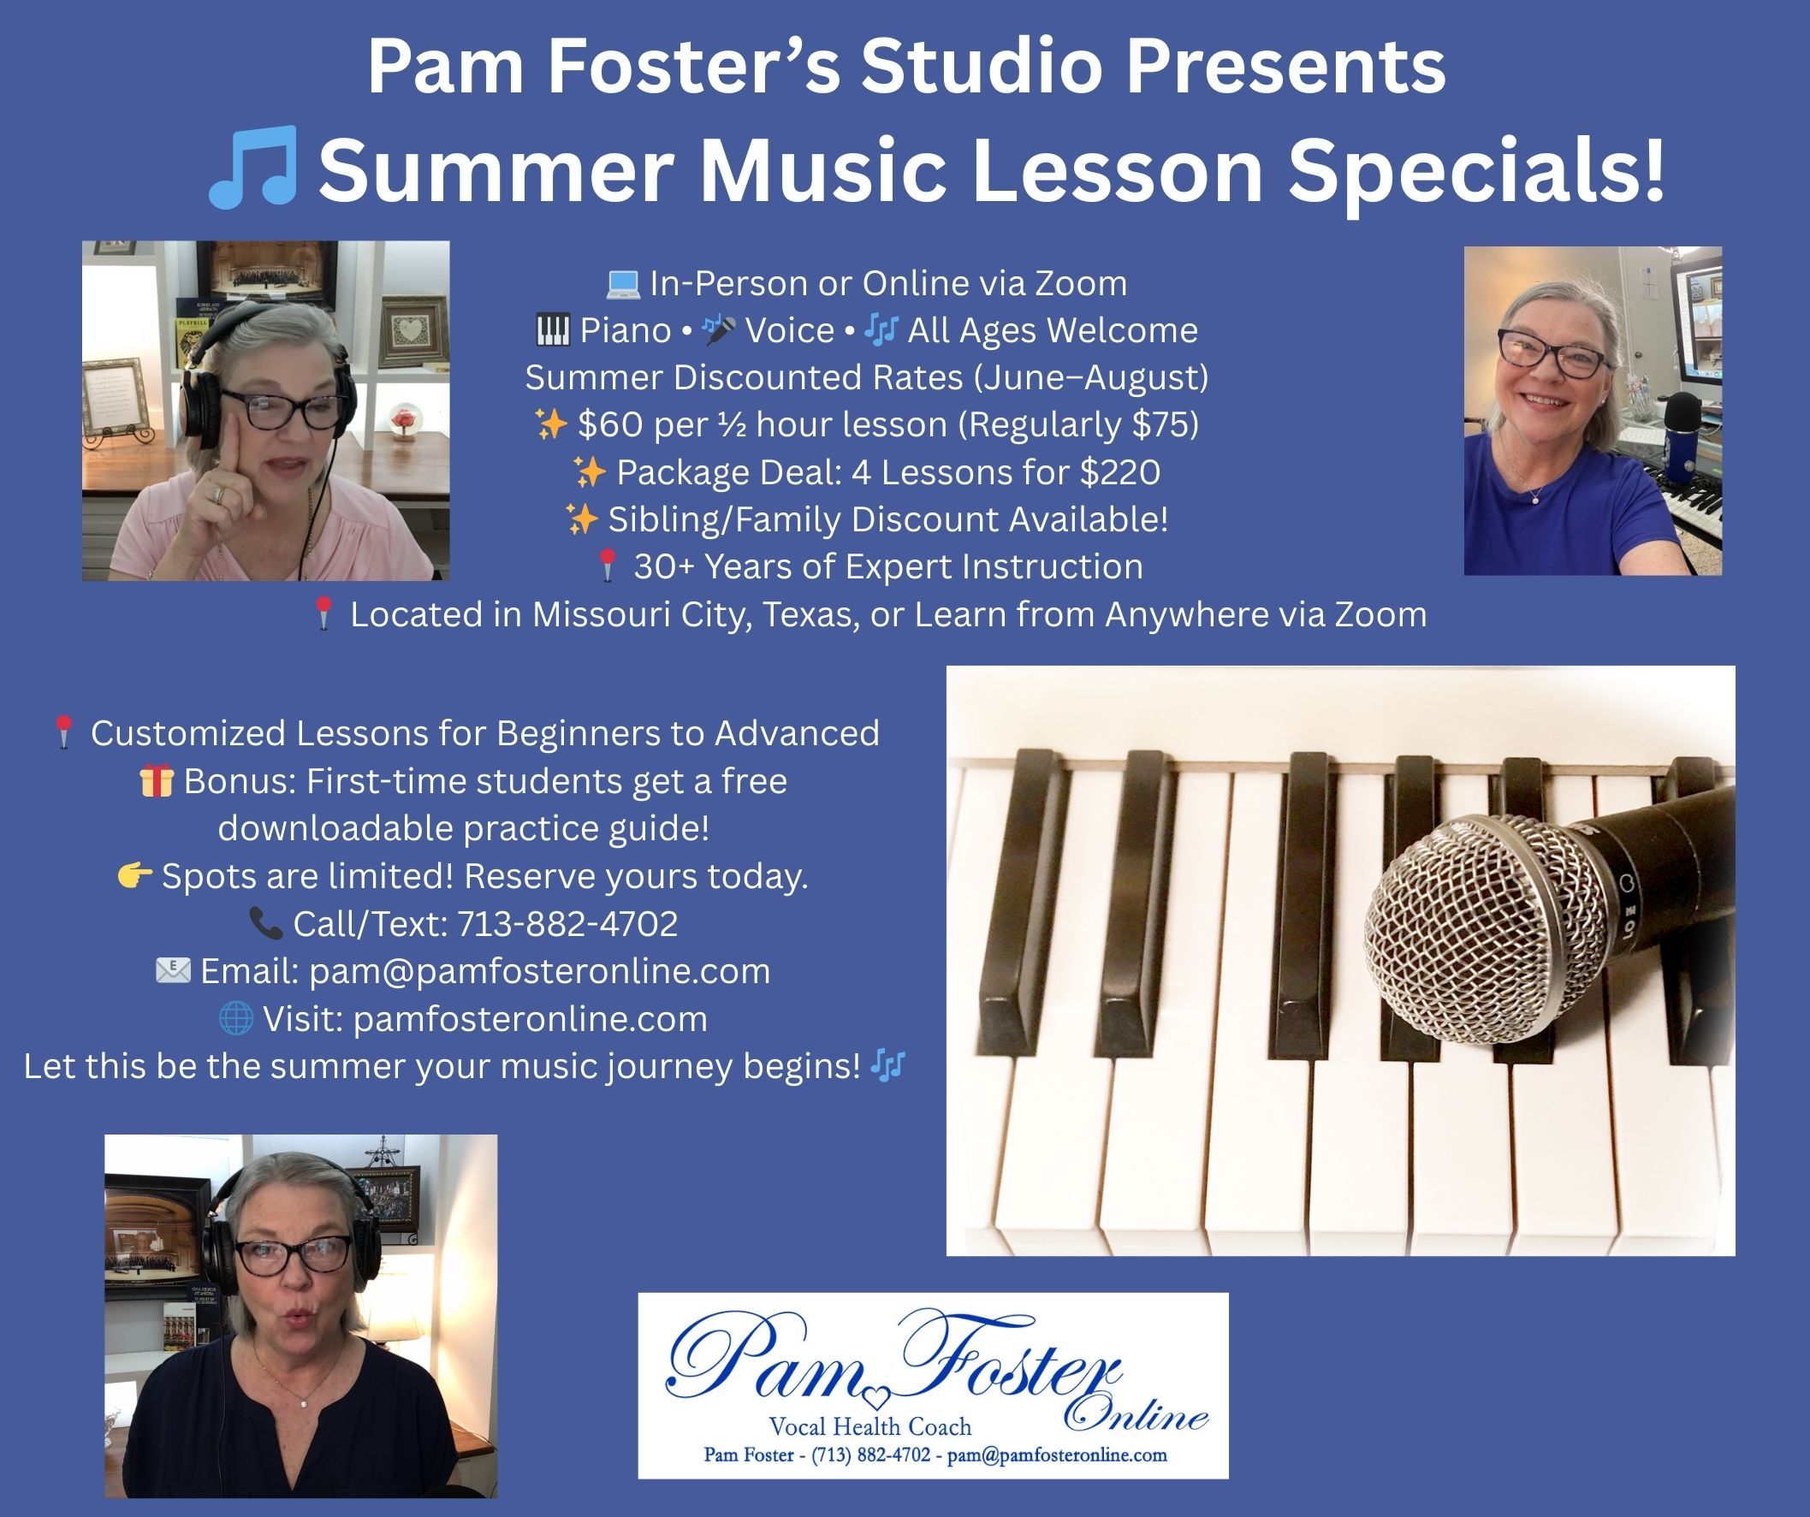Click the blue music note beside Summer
click(253, 167)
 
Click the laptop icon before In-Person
click(622, 283)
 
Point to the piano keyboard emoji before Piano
click(553, 330)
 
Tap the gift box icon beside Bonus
click(156, 781)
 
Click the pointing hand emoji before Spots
click(135, 877)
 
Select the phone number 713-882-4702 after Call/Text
click(567, 924)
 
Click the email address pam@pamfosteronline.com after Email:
click(539, 971)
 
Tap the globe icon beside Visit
click(236, 1019)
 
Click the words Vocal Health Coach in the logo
click(870, 1426)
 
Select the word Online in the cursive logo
click(1136, 1415)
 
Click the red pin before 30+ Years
click(608, 566)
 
